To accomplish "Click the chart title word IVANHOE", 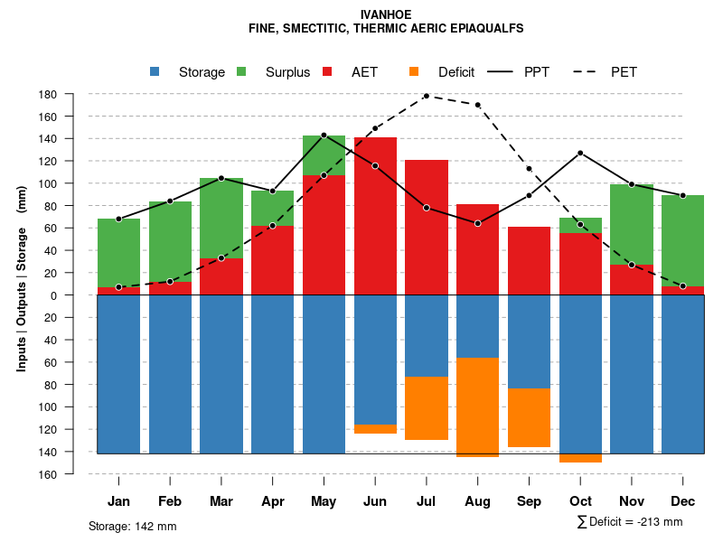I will (386, 14).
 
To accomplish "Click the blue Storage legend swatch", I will (155, 72).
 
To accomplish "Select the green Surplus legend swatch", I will (241, 72).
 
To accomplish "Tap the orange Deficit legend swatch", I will (414, 72).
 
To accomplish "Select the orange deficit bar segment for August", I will (478, 406).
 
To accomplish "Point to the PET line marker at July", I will (427, 96).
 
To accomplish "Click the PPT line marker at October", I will (580, 153).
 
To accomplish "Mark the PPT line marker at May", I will (324, 135).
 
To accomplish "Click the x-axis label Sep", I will (530, 501).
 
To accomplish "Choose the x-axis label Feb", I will (170, 501).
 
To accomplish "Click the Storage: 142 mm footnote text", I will (132, 526).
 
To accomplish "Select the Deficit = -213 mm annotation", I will (629, 522).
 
